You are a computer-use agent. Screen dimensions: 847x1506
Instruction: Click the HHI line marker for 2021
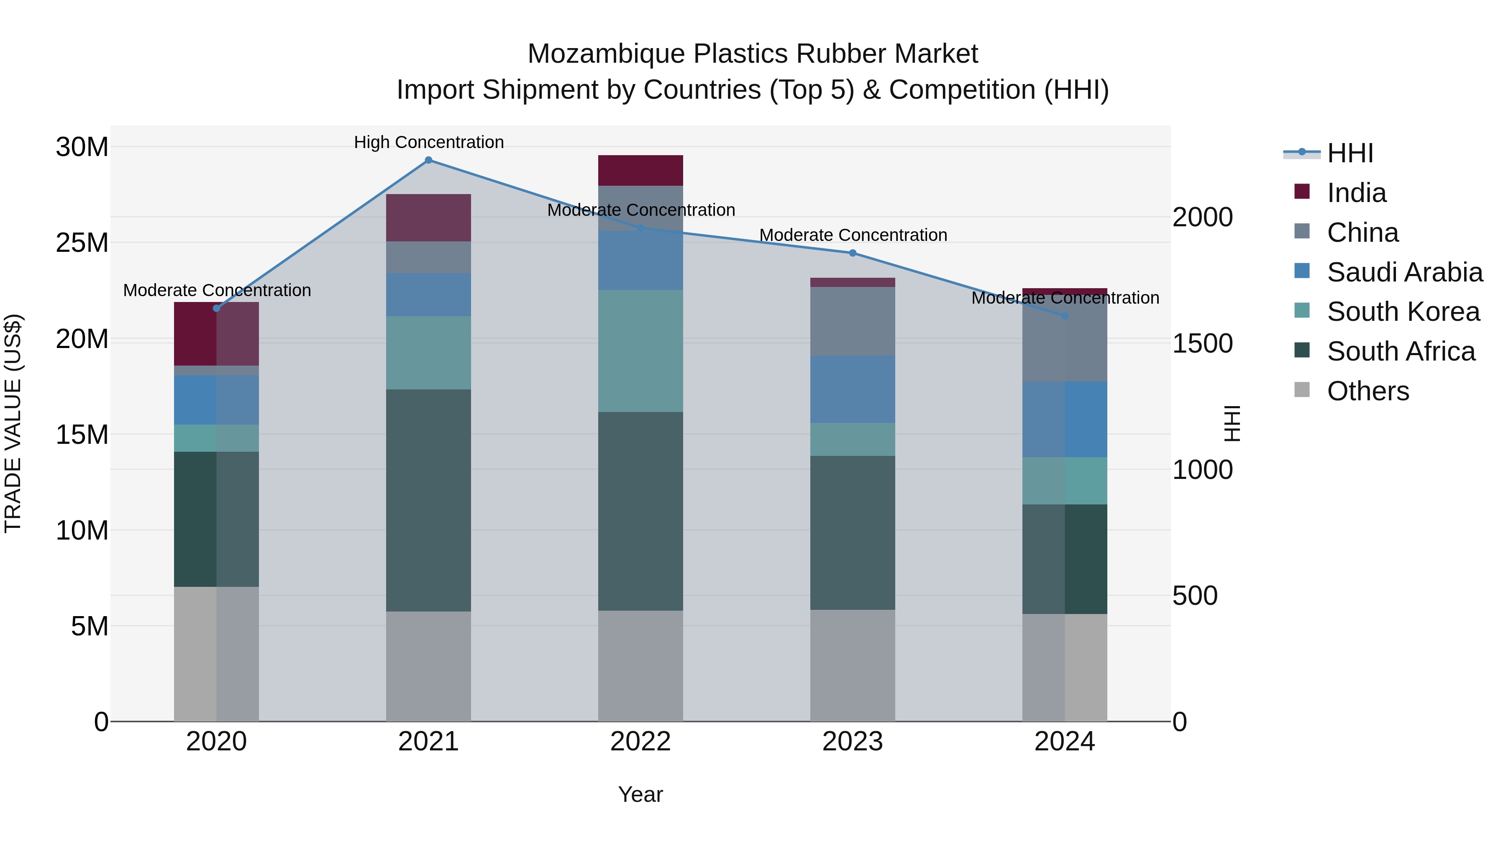coord(428,160)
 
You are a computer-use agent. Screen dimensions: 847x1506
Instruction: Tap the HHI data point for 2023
coord(853,253)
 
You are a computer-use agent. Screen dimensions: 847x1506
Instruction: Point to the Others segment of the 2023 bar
coord(853,666)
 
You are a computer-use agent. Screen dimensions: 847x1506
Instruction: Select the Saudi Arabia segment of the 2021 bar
coord(428,294)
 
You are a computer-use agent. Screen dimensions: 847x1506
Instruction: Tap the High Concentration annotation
coord(428,143)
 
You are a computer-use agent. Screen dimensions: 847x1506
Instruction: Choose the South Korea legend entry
coord(1403,312)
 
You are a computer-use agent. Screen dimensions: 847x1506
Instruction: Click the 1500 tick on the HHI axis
coord(1203,344)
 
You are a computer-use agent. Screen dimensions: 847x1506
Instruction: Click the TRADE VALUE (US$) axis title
coord(13,423)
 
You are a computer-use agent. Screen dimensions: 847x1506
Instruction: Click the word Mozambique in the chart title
coord(606,54)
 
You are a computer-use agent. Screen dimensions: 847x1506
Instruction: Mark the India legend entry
coord(1356,193)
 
